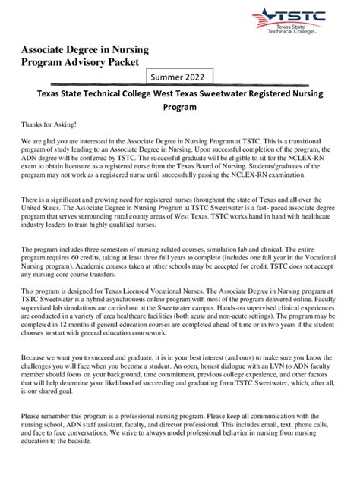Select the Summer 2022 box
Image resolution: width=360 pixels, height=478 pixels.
[x=181, y=77]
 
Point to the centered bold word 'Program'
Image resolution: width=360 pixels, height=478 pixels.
[x=181, y=108]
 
